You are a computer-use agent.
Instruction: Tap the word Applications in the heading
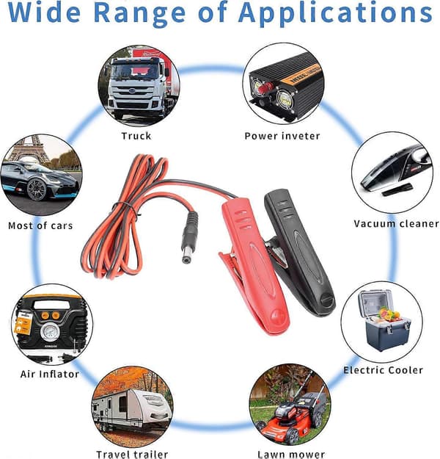click(x=335, y=13)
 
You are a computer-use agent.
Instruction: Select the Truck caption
click(x=136, y=136)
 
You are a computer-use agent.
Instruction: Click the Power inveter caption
click(x=282, y=136)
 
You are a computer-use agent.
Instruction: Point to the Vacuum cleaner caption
click(x=396, y=224)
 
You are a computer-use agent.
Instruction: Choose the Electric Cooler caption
click(x=383, y=370)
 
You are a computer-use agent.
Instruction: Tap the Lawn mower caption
click(x=291, y=455)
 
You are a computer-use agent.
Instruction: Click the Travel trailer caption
click(x=132, y=455)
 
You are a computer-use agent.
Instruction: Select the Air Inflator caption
click(x=50, y=374)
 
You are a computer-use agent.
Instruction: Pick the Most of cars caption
click(x=40, y=225)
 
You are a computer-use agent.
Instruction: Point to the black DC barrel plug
click(x=189, y=238)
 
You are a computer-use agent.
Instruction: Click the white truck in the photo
click(x=137, y=87)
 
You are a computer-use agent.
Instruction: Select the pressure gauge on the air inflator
click(x=51, y=332)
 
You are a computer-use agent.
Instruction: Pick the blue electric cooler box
click(x=384, y=319)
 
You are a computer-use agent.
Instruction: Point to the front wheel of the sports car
click(x=37, y=189)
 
